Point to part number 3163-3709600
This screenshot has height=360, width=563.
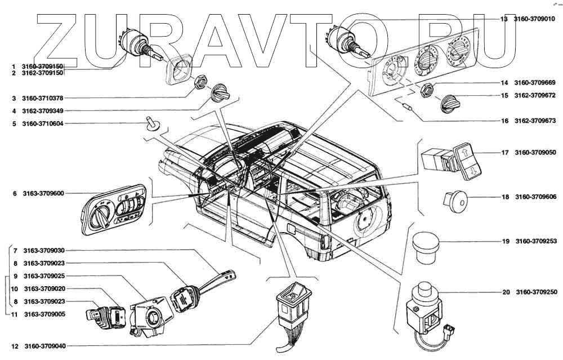coord(43,193)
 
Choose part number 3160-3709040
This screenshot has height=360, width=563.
coord(44,346)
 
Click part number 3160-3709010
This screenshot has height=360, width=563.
coord(534,19)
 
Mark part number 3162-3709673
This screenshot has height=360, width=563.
coord(535,121)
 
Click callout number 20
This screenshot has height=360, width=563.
coord(506,292)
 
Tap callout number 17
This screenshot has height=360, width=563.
coord(505,153)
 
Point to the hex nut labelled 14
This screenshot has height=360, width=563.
coord(427,89)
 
